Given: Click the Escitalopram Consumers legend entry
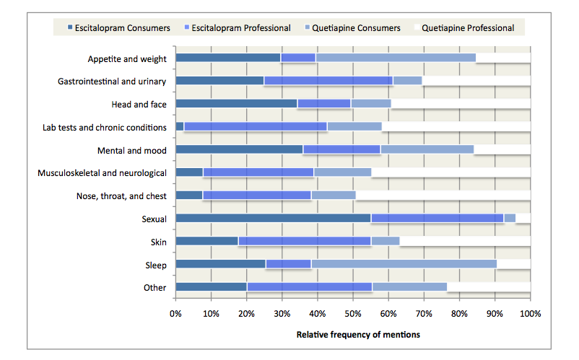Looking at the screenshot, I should click(118, 28).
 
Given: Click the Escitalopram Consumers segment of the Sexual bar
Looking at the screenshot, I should click(273, 218).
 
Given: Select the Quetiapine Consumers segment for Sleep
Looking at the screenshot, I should click(404, 264).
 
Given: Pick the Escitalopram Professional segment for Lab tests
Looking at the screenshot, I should click(256, 127).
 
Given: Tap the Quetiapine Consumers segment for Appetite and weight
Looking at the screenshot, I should click(396, 58).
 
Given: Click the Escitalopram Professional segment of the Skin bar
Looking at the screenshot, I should click(304, 241).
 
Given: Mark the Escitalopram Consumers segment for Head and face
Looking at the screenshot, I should click(236, 104).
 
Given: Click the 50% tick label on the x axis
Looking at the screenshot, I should click(352, 314).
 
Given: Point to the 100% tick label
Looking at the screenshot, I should click(530, 314).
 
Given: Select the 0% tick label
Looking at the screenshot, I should click(175, 314).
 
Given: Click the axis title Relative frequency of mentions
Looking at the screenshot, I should click(358, 335).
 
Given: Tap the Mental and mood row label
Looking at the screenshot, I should click(132, 150).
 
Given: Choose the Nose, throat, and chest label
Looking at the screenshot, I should click(121, 196).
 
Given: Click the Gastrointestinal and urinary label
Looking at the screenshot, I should click(112, 81).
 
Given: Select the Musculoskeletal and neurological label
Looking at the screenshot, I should click(102, 173).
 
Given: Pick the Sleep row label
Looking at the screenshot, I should click(154, 265).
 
